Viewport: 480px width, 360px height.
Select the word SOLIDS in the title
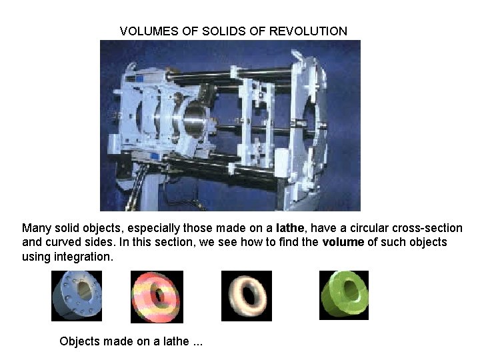click(211, 31)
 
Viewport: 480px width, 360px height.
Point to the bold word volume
click(343, 242)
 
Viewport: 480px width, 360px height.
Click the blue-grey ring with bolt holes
click(76, 295)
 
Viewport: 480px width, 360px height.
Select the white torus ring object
click(246, 295)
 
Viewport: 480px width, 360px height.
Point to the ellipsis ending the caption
click(197, 343)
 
